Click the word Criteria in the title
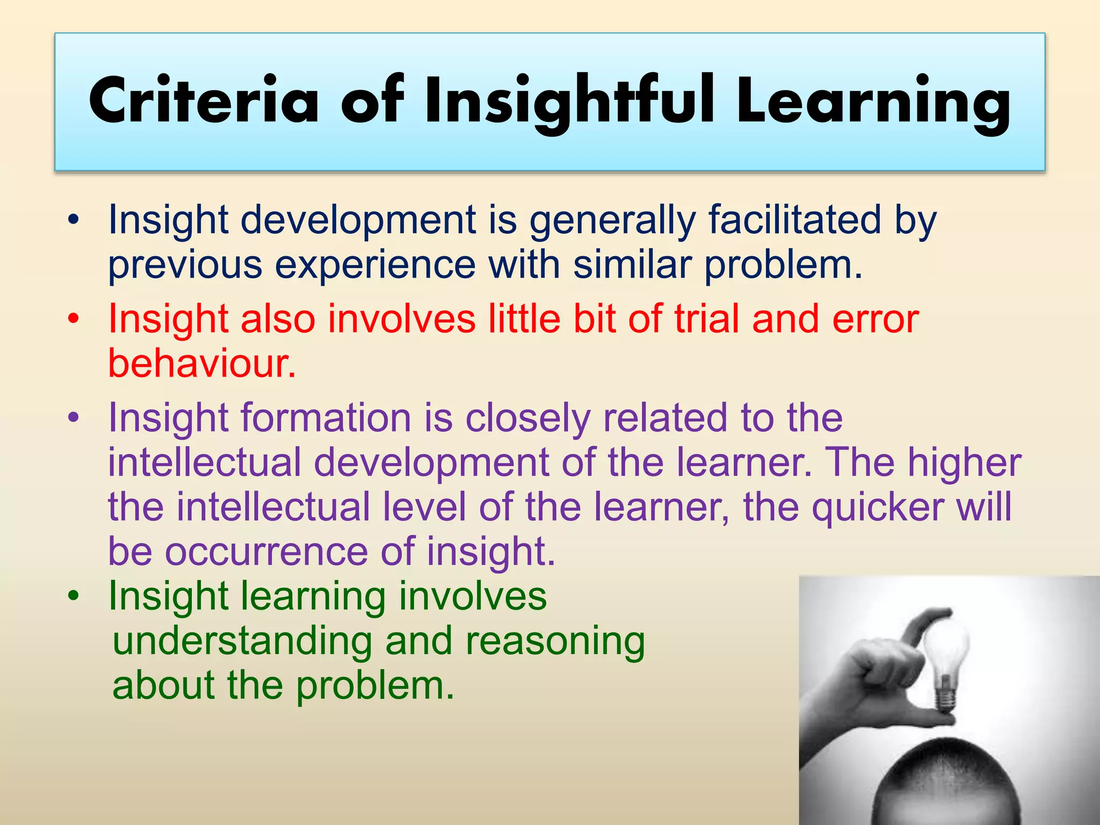204,101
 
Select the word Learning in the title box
873,101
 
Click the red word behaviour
202,363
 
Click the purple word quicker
878,507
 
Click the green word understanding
242,641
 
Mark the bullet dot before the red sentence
74,319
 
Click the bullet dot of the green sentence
74,596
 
